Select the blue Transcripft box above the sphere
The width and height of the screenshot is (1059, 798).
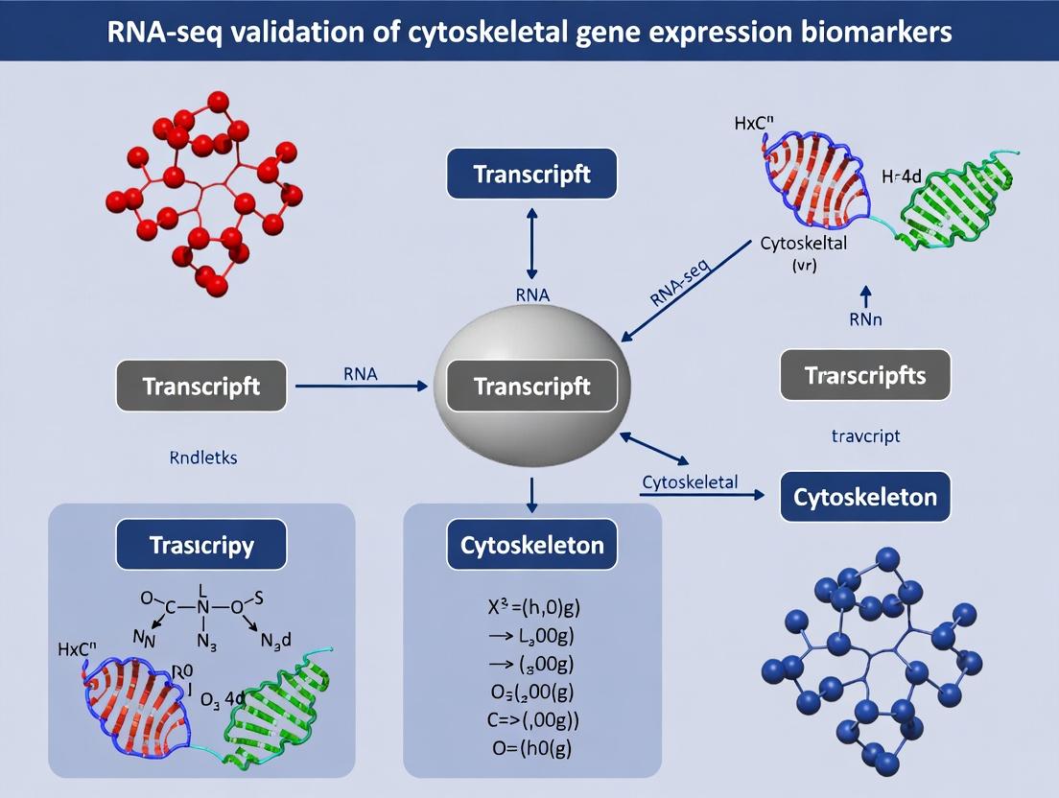tap(531, 174)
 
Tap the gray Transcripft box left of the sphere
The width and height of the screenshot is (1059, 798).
tap(200, 387)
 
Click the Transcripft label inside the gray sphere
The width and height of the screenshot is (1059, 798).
tap(531, 387)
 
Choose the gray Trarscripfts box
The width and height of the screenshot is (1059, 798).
tap(865, 375)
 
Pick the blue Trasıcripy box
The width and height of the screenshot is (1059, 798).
tap(200, 546)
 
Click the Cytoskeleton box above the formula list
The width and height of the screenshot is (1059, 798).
tap(531, 546)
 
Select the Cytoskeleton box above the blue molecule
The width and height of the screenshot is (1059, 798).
tap(865, 498)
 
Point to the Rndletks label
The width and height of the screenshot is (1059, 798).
tap(202, 458)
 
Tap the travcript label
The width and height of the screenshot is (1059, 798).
tap(865, 435)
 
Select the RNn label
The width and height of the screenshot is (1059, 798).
tap(865, 320)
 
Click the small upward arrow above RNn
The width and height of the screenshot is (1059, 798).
tap(865, 294)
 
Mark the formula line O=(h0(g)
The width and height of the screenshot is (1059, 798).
tap(532, 748)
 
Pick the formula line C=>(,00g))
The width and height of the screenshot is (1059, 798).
tap(532, 719)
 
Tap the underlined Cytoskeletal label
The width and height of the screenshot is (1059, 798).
tap(689, 481)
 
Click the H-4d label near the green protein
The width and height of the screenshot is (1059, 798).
tap(901, 176)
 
